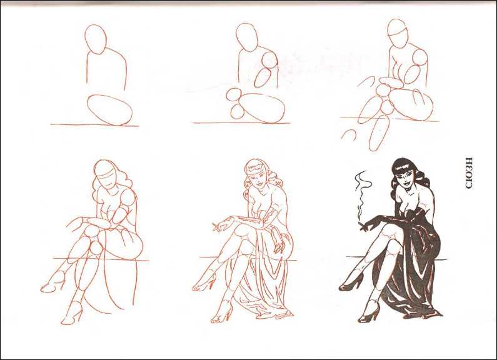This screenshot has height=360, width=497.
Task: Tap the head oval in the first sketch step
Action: tap(95, 39)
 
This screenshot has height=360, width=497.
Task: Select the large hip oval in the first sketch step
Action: tap(109, 109)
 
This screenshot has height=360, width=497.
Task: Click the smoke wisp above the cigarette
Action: tap(361, 194)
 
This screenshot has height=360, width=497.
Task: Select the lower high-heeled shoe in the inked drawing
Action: tap(369, 312)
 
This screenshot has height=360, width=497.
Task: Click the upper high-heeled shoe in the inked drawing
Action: tap(352, 282)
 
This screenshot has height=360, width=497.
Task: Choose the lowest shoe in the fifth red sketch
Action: tap(223, 312)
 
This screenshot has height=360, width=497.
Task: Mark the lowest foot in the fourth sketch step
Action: tap(73, 313)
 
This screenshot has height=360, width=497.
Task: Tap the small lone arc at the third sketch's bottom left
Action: tap(349, 134)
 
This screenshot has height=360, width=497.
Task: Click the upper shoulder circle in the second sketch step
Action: tap(269, 59)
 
